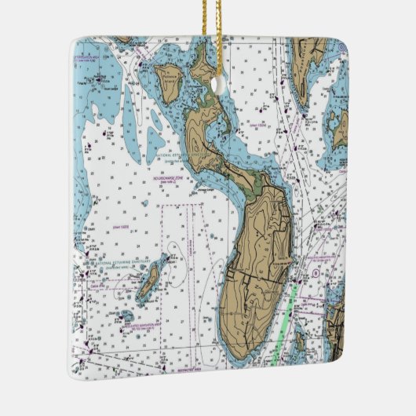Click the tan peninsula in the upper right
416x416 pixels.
304,59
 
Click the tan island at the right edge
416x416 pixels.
340,130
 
